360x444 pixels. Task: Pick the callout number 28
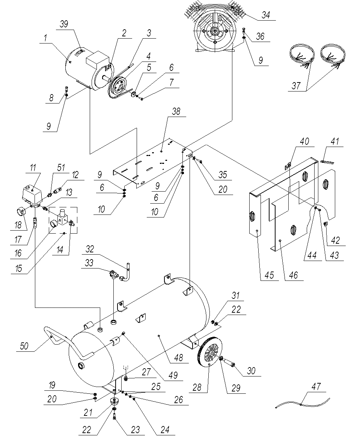click(198, 387)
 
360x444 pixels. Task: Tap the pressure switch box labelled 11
click(32, 195)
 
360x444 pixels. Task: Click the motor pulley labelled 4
click(118, 85)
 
